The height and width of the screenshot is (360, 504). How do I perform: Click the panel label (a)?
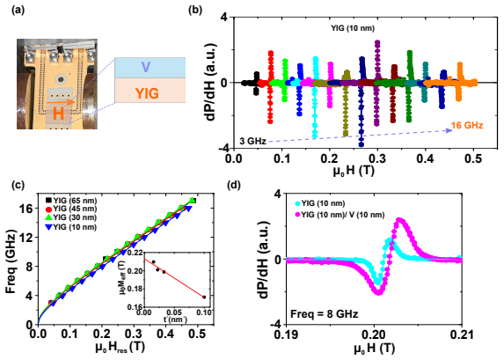tap(18, 10)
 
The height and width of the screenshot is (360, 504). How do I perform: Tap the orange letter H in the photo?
tap(58, 114)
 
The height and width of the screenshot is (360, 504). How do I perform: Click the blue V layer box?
tap(150, 68)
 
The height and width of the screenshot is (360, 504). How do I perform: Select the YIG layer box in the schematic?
tap(150, 91)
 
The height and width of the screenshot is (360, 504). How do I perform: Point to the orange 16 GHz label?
tap(467, 126)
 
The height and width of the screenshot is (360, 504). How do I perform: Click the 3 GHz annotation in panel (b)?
tap(253, 141)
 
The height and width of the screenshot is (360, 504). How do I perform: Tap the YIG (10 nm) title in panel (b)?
tap(353, 28)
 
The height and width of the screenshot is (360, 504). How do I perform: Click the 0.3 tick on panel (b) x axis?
tap(377, 158)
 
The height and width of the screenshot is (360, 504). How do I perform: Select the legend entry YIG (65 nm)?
tap(71, 201)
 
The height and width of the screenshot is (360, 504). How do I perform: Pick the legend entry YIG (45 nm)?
tap(71, 209)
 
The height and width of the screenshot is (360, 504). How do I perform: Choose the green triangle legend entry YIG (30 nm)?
tap(71, 217)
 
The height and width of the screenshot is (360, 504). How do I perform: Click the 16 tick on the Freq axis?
tap(27, 209)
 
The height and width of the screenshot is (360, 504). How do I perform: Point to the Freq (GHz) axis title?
tap(11, 261)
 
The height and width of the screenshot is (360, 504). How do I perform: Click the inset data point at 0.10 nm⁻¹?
tap(204, 297)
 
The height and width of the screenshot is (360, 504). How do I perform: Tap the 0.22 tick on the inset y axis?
tap(135, 253)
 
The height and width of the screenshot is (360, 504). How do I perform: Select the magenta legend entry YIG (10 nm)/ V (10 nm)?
tap(340, 215)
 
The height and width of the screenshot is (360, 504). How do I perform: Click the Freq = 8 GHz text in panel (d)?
tap(324, 313)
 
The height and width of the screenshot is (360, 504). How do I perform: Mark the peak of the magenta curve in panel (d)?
tap(399, 220)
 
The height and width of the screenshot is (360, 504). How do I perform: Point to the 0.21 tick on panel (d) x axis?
tap(462, 335)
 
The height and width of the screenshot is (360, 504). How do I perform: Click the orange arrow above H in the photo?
tap(61, 103)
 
